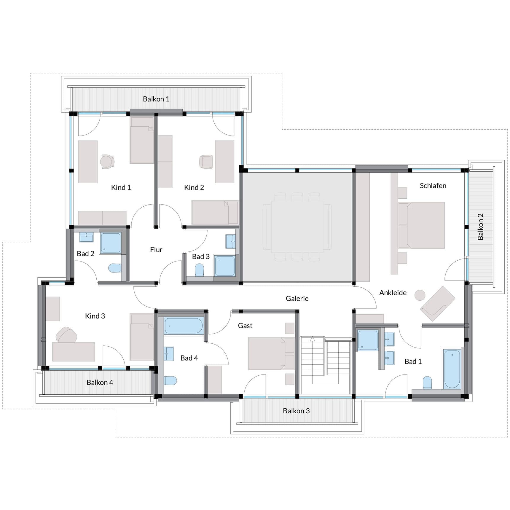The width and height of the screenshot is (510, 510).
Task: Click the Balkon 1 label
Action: coord(156,99)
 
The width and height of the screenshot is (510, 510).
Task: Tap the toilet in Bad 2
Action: coord(114,268)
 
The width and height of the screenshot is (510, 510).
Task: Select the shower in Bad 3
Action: coord(225,266)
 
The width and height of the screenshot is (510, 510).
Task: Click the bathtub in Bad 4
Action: coord(184,326)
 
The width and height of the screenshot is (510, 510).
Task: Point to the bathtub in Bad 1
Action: coord(452,369)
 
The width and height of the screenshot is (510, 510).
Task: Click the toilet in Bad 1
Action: coord(427,382)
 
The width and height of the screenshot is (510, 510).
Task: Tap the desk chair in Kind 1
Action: coord(107,162)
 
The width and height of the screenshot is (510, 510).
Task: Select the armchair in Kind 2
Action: coord(206,162)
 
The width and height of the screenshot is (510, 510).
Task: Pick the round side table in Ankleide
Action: coord(420,295)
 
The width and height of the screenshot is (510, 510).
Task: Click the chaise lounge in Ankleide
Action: coord(438,304)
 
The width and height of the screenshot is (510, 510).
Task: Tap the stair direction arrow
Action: coord(312,339)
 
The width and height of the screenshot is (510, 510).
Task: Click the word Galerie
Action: coord(297,299)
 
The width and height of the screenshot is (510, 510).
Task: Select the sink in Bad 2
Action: coord(86,237)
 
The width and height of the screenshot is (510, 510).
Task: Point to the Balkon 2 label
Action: coord(480,227)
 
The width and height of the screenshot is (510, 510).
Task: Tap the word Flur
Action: coord(156,250)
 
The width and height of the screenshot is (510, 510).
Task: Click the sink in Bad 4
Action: coord(169,353)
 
